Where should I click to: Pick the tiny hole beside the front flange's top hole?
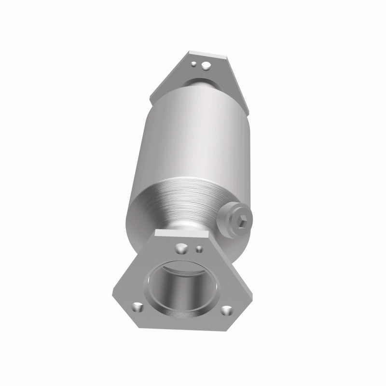[199, 249]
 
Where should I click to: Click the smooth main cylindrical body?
[193, 135]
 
